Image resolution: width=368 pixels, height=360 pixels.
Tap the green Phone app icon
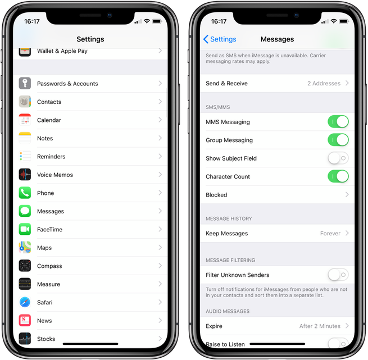click(x=25, y=193)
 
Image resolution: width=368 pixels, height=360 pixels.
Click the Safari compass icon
click(x=25, y=302)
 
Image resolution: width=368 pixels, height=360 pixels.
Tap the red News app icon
click(x=25, y=321)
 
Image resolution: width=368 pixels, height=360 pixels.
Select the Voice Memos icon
click(x=25, y=175)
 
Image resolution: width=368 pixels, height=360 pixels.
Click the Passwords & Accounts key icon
click(x=25, y=84)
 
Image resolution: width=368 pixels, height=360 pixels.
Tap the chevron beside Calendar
click(x=160, y=120)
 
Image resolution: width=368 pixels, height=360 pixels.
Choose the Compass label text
click(x=49, y=266)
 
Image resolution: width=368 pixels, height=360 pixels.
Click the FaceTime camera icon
click(x=25, y=229)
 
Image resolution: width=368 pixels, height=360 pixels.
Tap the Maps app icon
click(x=25, y=248)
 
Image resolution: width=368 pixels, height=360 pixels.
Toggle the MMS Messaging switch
click(x=338, y=122)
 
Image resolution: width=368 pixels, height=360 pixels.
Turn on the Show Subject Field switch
click(x=338, y=158)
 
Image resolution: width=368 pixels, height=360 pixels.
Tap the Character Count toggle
click(x=338, y=176)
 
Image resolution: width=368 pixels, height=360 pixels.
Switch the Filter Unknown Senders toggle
click(x=338, y=275)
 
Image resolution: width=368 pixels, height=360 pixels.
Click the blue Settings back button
click(x=220, y=39)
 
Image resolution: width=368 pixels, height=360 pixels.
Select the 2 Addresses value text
click(x=324, y=83)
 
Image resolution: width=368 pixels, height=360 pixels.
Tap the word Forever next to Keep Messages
click(x=330, y=234)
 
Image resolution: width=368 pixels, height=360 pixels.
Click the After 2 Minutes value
click(x=320, y=326)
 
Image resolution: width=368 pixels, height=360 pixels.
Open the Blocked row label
click(x=216, y=195)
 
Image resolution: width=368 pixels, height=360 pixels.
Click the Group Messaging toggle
click(x=338, y=140)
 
